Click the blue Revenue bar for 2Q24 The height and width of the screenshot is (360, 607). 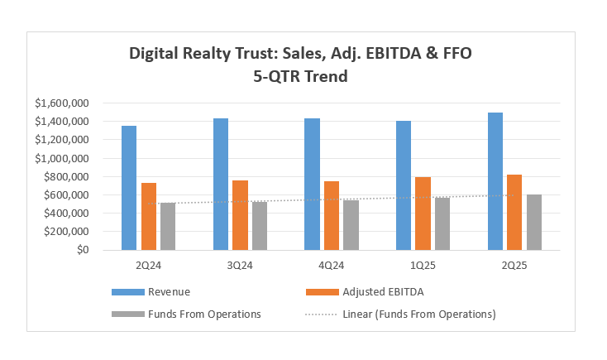pyautogui.click(x=129, y=188)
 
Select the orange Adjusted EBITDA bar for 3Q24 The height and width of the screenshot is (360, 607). pyautogui.click(x=240, y=215)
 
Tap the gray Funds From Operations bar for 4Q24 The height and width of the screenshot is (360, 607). pyautogui.click(x=351, y=225)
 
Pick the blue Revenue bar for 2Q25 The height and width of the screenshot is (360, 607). pyautogui.click(x=495, y=181)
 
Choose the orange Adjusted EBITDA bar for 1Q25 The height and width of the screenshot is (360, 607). pyautogui.click(x=423, y=214)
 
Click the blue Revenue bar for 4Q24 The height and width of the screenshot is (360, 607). pyautogui.click(x=312, y=184)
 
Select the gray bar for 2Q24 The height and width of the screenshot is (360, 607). pyautogui.click(x=168, y=226)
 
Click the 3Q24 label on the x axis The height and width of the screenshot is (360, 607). pyautogui.click(x=241, y=266)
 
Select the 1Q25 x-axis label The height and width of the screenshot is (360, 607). pyautogui.click(x=423, y=266)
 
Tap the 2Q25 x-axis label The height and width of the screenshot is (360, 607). pyautogui.click(x=514, y=266)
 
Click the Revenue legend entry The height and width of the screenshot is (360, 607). pyautogui.click(x=169, y=291)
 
